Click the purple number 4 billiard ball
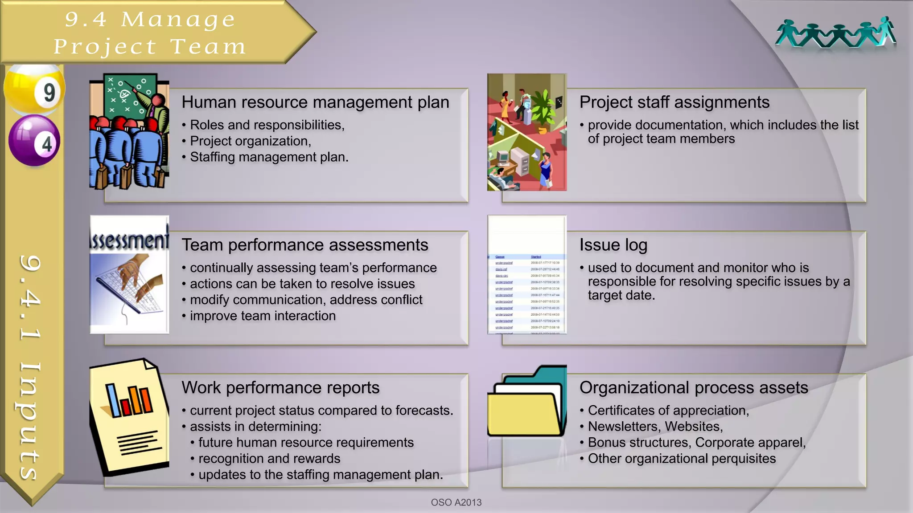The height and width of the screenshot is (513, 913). [34, 141]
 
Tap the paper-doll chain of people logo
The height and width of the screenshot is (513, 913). [835, 33]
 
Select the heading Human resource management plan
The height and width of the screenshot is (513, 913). [315, 102]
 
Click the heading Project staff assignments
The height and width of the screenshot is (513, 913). [674, 102]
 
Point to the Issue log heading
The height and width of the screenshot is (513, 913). [613, 245]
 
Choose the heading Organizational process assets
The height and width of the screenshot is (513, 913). [693, 388]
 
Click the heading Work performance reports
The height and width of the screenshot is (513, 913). [280, 388]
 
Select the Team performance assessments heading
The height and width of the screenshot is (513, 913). [304, 245]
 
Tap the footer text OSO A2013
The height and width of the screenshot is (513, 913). [456, 502]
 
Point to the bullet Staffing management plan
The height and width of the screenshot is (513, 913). [269, 157]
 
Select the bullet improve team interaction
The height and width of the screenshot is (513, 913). [263, 316]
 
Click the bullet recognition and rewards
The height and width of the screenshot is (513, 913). [269, 459]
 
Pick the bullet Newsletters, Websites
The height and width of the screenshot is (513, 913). [655, 427]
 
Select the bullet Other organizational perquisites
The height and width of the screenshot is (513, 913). [682, 459]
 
